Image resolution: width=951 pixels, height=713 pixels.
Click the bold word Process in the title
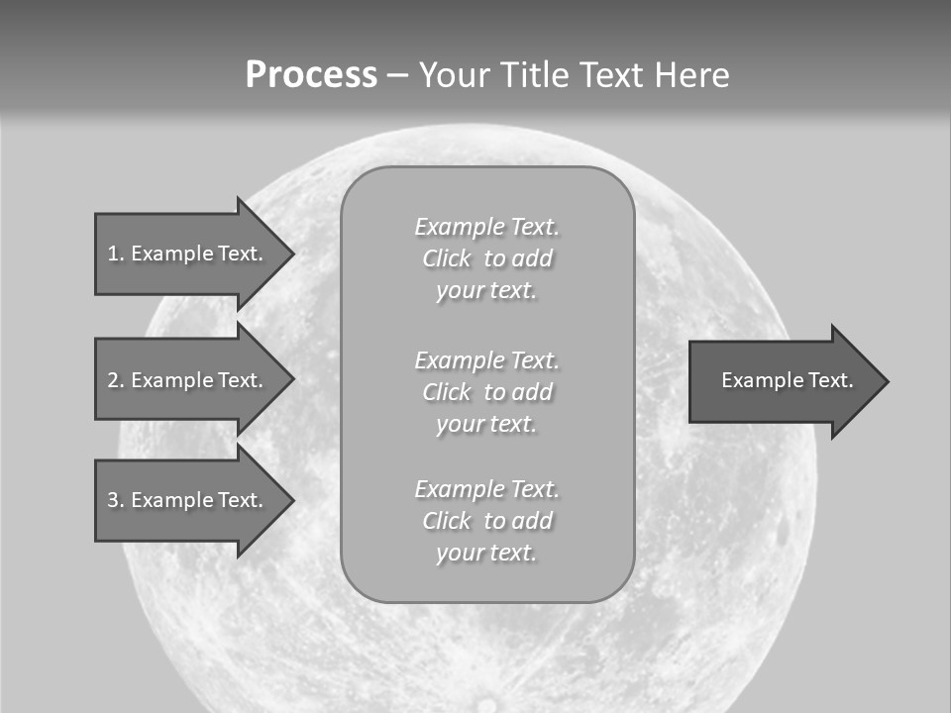311,75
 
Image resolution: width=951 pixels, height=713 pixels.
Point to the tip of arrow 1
292,254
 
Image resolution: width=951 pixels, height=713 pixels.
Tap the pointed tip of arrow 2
292,380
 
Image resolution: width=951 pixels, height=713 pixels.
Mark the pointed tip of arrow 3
292,500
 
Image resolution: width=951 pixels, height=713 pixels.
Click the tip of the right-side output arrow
887,381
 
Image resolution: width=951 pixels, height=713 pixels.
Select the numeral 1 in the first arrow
113,254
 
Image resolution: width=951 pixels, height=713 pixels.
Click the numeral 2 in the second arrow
113,380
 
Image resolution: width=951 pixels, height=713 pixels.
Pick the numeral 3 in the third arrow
113,500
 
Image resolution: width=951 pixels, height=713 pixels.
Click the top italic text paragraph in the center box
486,258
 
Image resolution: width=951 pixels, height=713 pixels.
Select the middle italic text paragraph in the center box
486,392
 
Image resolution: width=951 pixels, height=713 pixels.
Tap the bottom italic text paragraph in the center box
486,521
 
